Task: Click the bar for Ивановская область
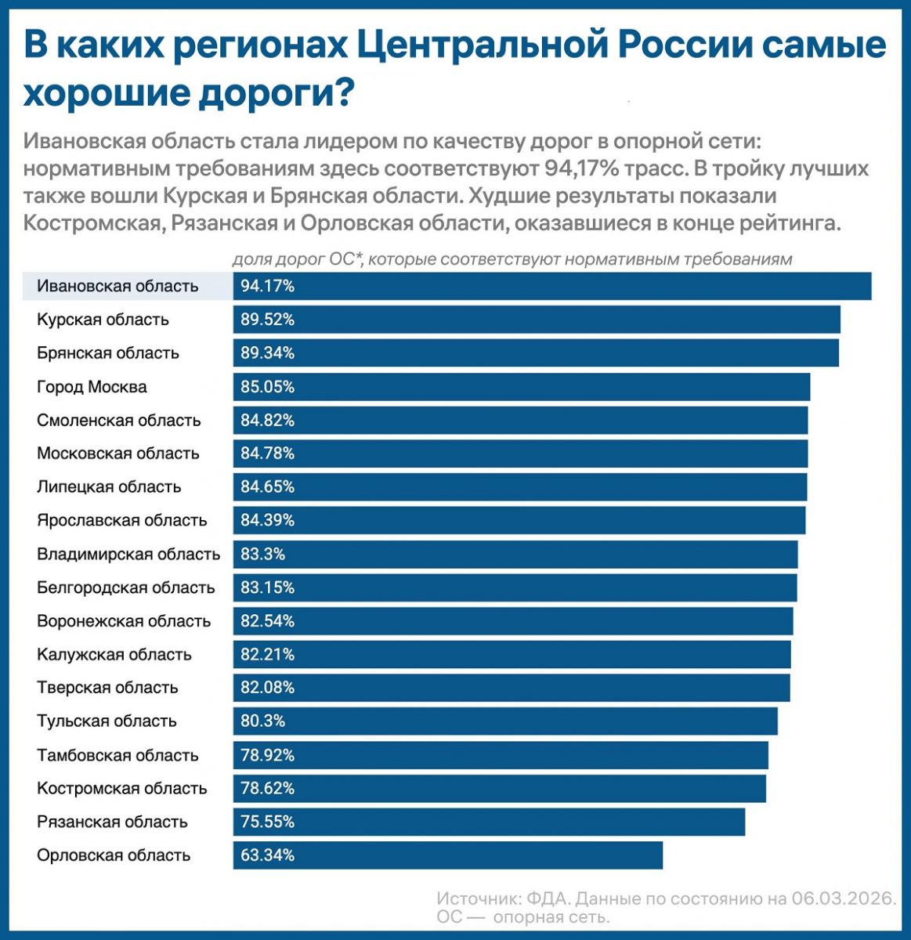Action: pyautogui.click(x=552, y=286)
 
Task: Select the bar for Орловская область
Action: pyautogui.click(x=447, y=855)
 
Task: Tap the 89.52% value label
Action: pyautogui.click(x=268, y=320)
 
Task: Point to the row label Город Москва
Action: pyautogui.click(x=92, y=387)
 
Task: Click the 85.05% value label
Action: pyautogui.click(x=268, y=387)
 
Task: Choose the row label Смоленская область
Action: pyautogui.click(x=119, y=421)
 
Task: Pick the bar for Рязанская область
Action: pyautogui.click(x=489, y=822)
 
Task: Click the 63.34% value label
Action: pyautogui.click(x=268, y=855)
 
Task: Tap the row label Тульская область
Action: pyautogui.click(x=107, y=721)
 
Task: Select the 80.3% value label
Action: pyautogui.click(x=263, y=721)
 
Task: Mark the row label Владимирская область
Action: pyautogui.click(x=128, y=555)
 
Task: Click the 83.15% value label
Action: pyautogui.click(x=268, y=587)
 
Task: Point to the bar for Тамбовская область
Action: pyautogui.click(x=501, y=756)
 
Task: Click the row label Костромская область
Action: pyautogui.click(x=122, y=789)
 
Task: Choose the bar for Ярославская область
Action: pyautogui.click(x=519, y=520)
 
